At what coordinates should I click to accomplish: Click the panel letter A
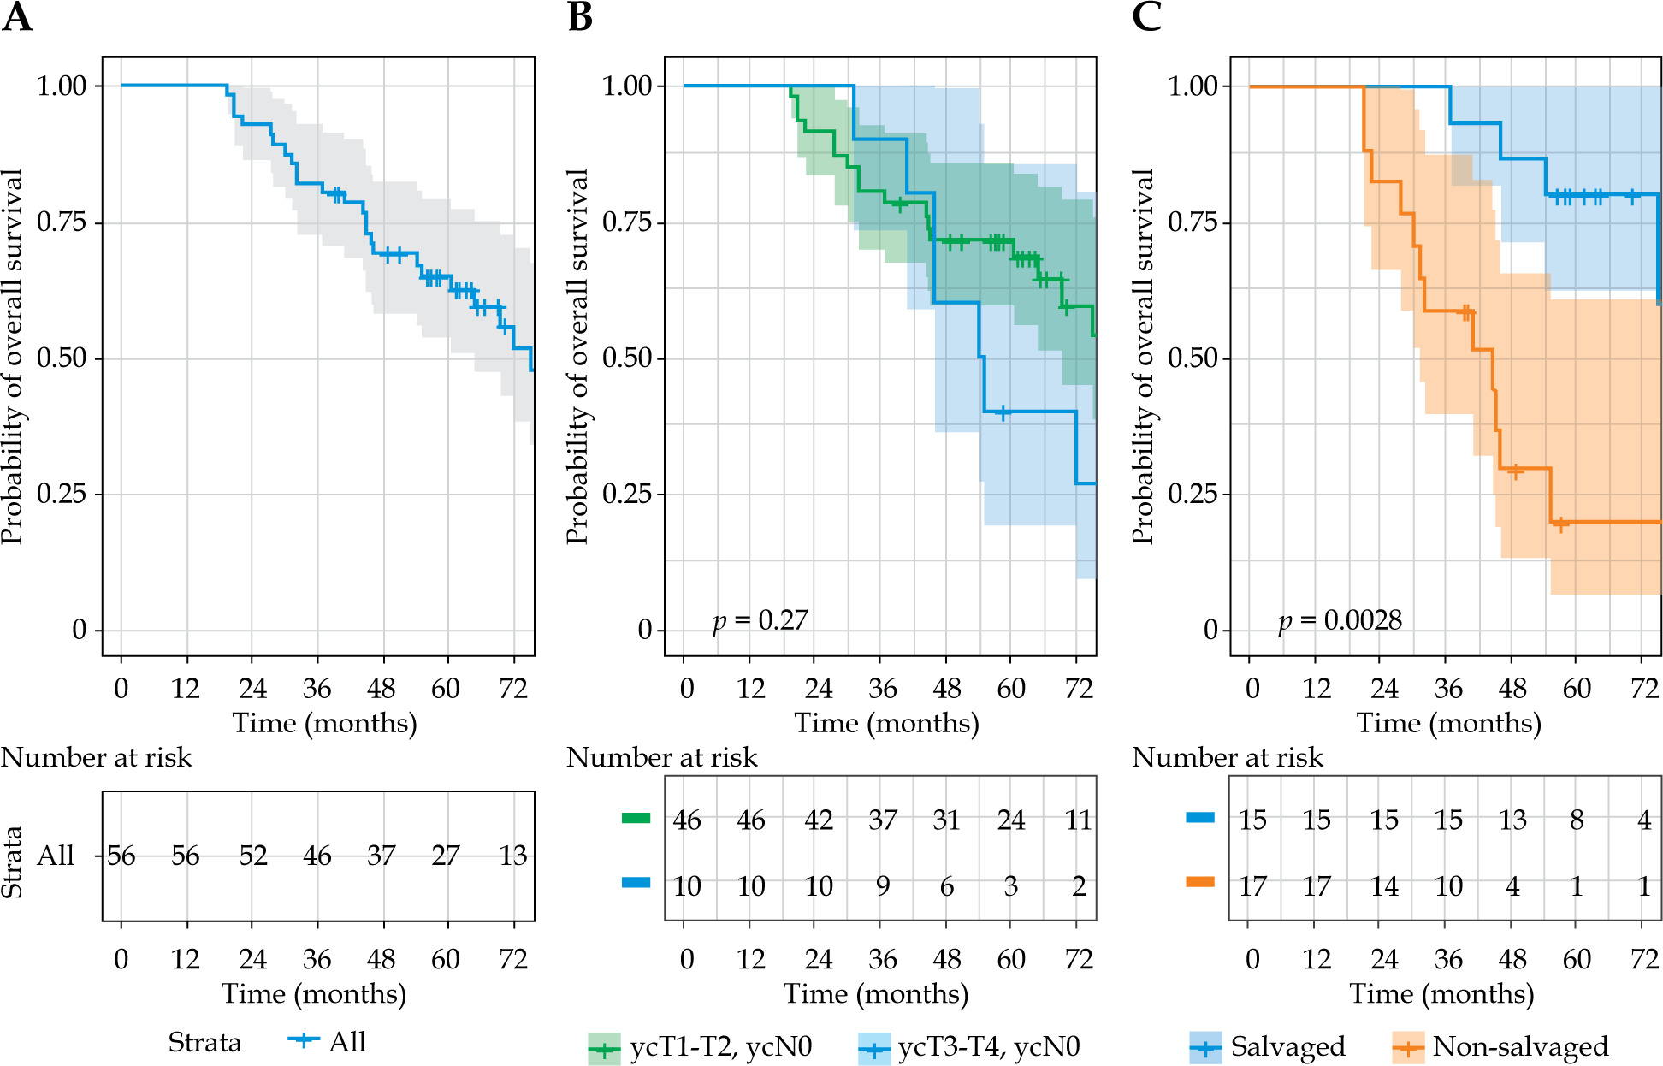[17, 16]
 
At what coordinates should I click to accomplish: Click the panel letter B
[580, 16]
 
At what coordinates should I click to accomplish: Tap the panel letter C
[1146, 16]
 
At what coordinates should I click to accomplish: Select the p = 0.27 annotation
[760, 620]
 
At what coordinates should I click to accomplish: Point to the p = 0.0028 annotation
[1340, 620]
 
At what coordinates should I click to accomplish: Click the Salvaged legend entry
[1268, 1046]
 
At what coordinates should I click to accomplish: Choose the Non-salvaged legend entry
[1500, 1046]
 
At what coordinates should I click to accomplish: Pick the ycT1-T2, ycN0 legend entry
[701, 1047]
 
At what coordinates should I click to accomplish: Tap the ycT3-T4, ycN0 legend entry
[969, 1047]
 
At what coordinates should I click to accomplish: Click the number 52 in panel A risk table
[252, 856]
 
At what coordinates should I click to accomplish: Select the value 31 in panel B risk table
[946, 820]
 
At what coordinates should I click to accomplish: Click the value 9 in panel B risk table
[883, 886]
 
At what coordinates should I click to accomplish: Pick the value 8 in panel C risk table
[1577, 820]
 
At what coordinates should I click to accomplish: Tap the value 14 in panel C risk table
[1384, 886]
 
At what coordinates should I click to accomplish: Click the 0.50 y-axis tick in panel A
[62, 358]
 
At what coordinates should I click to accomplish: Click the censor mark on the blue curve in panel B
[1003, 412]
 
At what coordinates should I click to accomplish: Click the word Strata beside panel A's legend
[204, 1042]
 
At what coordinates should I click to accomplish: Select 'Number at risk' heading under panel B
[662, 757]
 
